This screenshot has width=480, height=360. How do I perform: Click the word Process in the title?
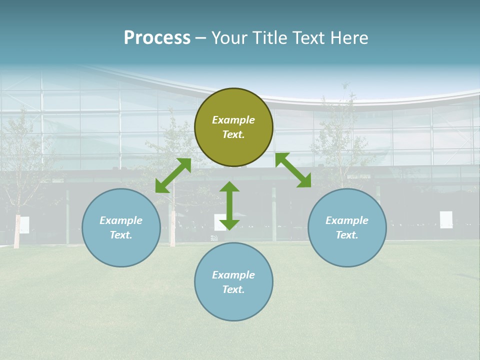click(157, 38)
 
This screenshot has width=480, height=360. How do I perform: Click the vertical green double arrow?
click(229, 206)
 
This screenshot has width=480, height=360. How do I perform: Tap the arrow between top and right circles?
click(293, 170)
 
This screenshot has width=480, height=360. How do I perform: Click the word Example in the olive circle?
click(233, 120)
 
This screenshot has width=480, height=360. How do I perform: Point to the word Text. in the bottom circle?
click(233, 289)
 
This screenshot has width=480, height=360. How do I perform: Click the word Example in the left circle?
click(121, 220)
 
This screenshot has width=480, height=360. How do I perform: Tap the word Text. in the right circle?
click(347, 235)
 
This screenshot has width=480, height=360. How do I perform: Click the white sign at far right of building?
click(446, 219)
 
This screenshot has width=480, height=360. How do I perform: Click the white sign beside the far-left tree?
click(24, 225)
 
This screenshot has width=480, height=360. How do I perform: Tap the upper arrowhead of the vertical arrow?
click(229, 186)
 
